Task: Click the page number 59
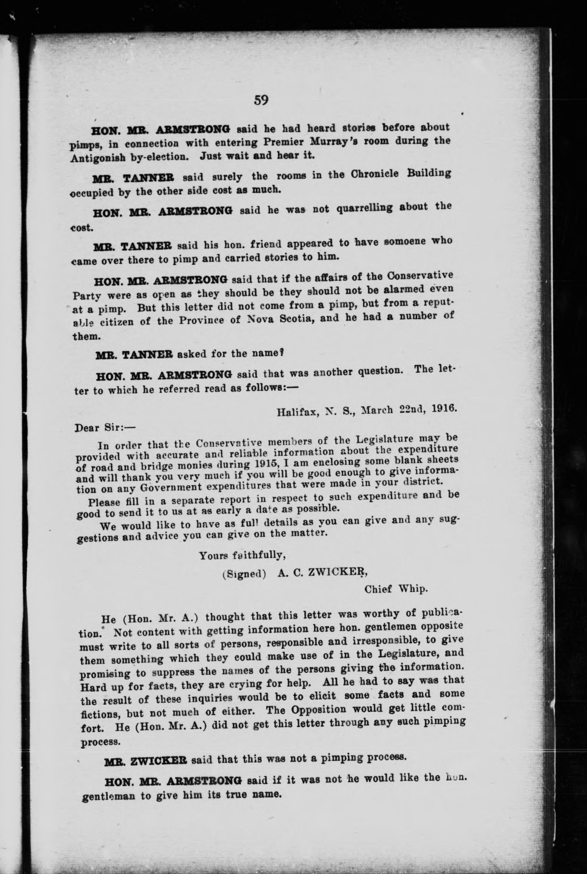point(261,100)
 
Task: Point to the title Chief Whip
point(396,589)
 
